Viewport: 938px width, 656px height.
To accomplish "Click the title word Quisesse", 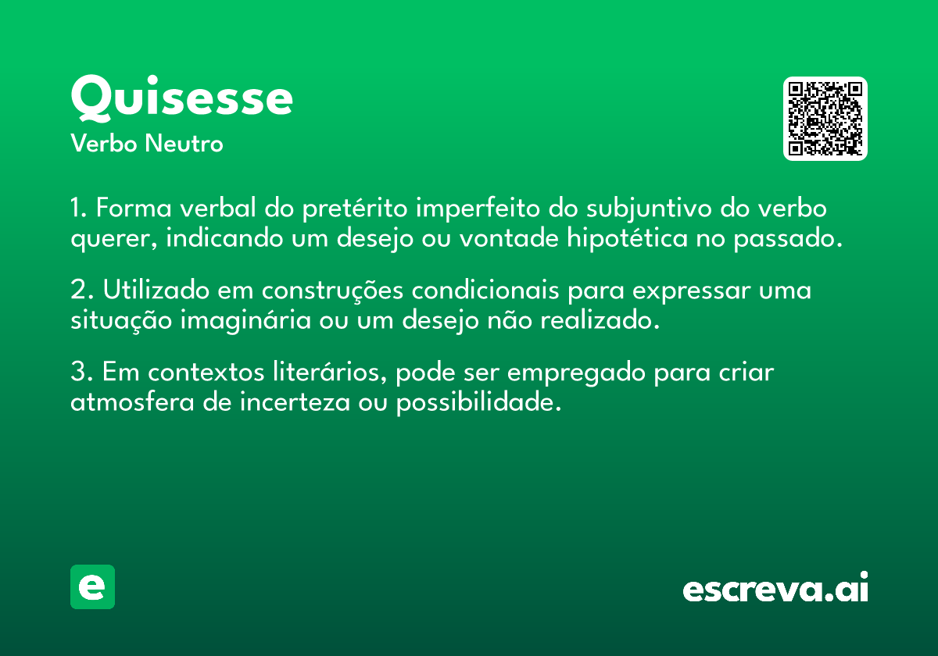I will (x=181, y=99).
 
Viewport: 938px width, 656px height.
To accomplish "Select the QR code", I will (x=825, y=119).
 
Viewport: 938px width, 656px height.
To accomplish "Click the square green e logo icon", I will (x=92, y=586).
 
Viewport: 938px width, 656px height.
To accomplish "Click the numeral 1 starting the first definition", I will (x=76, y=209).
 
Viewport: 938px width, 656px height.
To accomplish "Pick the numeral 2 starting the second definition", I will (x=77, y=291).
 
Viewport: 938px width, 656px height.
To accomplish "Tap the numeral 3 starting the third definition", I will (x=77, y=373).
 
